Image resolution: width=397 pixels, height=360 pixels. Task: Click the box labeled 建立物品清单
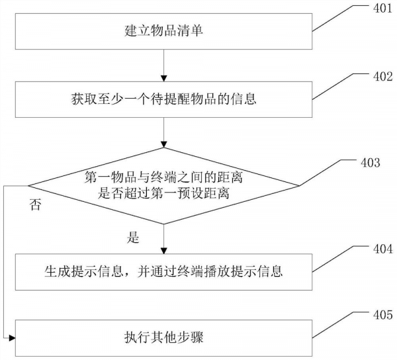coord(163,31)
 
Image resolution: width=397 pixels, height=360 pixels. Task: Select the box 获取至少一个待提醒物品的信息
coord(163,101)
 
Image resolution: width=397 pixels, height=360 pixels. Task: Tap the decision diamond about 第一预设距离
coord(163,185)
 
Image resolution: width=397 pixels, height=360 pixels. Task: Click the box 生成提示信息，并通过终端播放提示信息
coord(163,271)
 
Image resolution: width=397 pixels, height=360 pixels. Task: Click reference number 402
coord(382,77)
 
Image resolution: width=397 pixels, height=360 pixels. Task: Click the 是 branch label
coord(134,236)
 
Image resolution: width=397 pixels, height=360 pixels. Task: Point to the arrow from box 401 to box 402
coord(163,65)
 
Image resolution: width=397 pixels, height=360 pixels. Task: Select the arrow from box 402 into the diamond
coord(163,137)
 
